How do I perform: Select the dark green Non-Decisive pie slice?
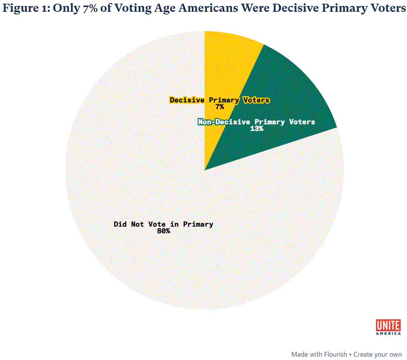click(285, 92)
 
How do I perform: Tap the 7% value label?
click(220, 107)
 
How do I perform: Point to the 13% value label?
click(257, 129)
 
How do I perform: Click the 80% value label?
click(163, 231)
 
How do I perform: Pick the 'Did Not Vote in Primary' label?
click(163, 224)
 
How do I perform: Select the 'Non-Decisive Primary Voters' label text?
click(257, 122)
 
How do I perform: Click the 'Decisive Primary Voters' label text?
click(220, 100)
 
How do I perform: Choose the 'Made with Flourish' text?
click(319, 354)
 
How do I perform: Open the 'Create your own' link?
click(377, 354)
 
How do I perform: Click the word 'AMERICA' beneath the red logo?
click(388, 333)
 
